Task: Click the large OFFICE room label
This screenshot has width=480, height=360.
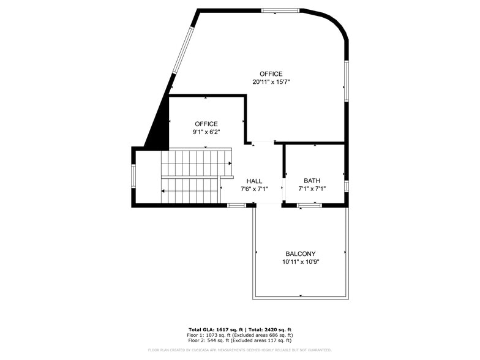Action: (x=271, y=74)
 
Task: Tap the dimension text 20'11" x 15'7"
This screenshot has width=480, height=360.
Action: (x=271, y=82)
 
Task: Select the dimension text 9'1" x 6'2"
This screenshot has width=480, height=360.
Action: (x=206, y=132)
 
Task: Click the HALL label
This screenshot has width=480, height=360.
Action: (x=254, y=181)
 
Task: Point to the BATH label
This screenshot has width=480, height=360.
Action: (x=312, y=181)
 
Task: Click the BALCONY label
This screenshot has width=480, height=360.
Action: (x=301, y=253)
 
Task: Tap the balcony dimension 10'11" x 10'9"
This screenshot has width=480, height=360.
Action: (x=301, y=261)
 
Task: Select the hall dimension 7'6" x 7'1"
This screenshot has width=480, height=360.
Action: (x=254, y=189)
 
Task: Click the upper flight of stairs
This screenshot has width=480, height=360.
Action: (x=196, y=163)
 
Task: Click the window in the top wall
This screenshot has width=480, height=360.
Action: (x=280, y=10)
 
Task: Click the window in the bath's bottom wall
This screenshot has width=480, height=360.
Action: (x=309, y=206)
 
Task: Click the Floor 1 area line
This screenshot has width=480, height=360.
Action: (x=239, y=335)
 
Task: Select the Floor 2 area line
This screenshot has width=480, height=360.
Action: (x=239, y=340)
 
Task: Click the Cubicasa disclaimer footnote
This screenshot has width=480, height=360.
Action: (x=239, y=350)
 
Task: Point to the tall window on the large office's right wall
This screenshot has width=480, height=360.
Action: (x=347, y=80)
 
